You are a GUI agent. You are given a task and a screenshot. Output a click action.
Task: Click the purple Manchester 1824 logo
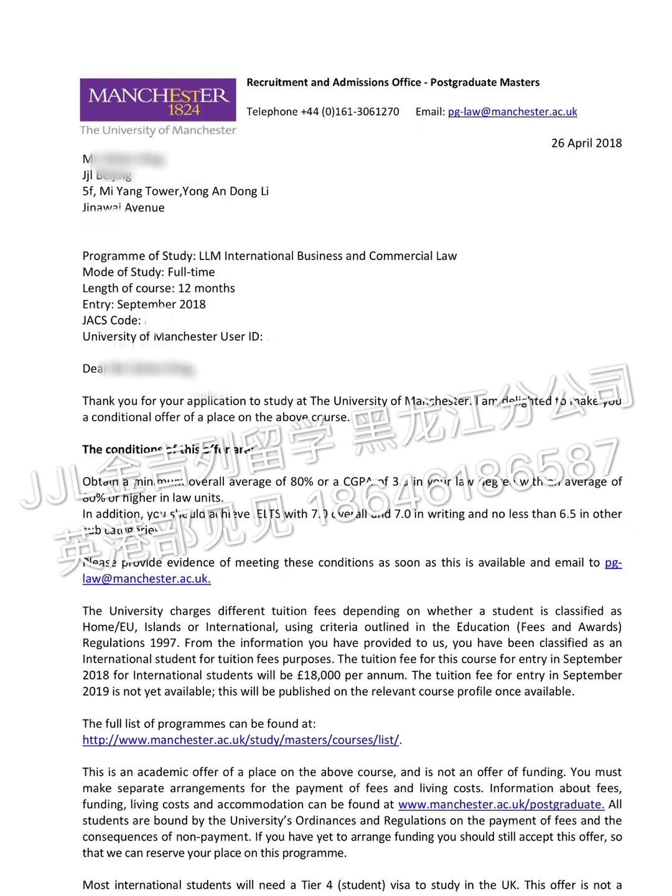click(x=158, y=100)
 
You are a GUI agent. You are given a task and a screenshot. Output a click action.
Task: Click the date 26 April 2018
click(x=586, y=143)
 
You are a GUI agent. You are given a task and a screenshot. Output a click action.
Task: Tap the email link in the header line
click(x=512, y=112)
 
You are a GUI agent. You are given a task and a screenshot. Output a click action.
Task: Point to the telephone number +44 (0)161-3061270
click(x=350, y=112)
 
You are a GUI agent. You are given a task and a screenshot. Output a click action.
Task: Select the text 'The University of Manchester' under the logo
click(x=158, y=131)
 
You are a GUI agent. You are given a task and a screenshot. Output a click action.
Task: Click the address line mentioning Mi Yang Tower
click(x=175, y=192)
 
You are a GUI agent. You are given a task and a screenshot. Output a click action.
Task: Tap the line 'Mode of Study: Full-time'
click(x=149, y=273)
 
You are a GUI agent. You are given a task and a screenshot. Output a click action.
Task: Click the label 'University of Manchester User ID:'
click(x=172, y=337)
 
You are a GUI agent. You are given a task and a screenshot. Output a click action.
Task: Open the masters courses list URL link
click(x=241, y=740)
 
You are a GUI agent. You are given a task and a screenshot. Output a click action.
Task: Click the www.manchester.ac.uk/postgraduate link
click(x=501, y=805)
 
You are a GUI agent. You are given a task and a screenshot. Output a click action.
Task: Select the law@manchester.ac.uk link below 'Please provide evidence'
click(x=146, y=579)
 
